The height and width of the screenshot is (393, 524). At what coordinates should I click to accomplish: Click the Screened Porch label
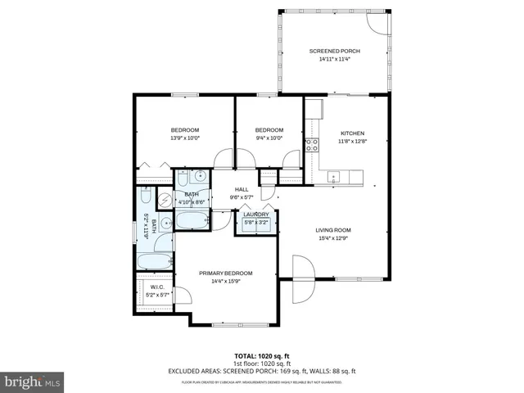point(334,52)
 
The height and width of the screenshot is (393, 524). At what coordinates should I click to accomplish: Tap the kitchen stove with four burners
point(312,146)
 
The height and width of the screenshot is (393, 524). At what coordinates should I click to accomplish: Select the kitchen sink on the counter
point(333,175)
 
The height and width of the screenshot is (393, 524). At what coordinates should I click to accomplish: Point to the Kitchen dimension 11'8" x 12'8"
point(352,142)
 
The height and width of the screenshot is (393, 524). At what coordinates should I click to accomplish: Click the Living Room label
point(333,230)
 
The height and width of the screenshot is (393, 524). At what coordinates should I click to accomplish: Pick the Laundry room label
point(255,215)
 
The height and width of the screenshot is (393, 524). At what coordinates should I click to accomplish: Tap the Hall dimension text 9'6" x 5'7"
point(242,197)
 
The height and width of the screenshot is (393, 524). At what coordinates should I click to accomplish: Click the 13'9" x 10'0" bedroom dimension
point(184,138)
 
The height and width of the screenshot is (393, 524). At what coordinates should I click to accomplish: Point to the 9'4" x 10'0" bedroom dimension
point(269,138)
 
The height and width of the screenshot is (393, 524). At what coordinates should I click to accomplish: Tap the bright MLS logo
point(33,382)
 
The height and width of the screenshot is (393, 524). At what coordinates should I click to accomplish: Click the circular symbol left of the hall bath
point(164,199)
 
